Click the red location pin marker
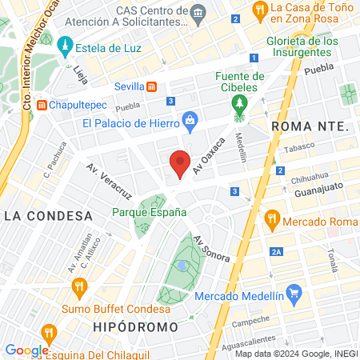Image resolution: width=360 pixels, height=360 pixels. (181, 163)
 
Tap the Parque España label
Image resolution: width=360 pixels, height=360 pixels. (150, 212)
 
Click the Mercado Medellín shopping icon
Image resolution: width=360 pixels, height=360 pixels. (294, 293)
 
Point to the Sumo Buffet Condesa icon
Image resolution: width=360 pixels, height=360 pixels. (78, 286)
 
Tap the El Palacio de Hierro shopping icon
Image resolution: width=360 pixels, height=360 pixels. (190, 121)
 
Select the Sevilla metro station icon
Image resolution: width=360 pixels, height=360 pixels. (153, 86)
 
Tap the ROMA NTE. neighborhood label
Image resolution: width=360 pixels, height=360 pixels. (311, 126)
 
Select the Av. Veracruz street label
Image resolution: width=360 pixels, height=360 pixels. (109, 182)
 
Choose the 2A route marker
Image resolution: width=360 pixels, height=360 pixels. (276, 252)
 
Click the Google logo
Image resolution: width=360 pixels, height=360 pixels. (26, 350)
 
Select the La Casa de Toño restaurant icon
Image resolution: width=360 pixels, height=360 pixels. (259, 10)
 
